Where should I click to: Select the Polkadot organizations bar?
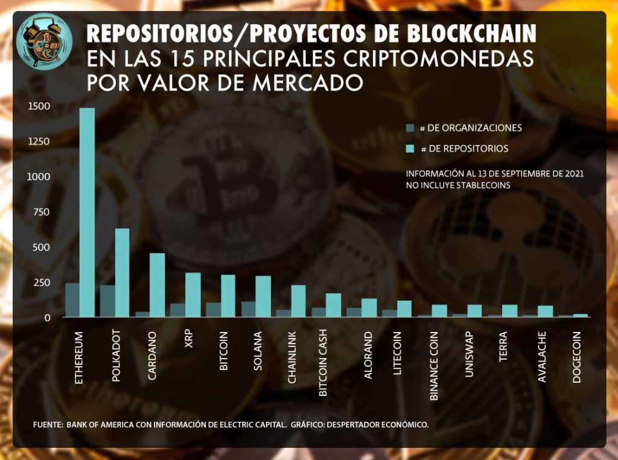click(107, 301)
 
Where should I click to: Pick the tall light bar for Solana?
click(263, 296)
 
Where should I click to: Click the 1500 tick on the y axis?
click(39, 106)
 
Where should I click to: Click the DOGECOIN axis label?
click(577, 357)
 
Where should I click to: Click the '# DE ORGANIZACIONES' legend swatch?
click(410, 128)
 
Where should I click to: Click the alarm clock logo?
click(45, 40)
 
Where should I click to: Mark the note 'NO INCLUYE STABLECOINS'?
click(458, 185)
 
